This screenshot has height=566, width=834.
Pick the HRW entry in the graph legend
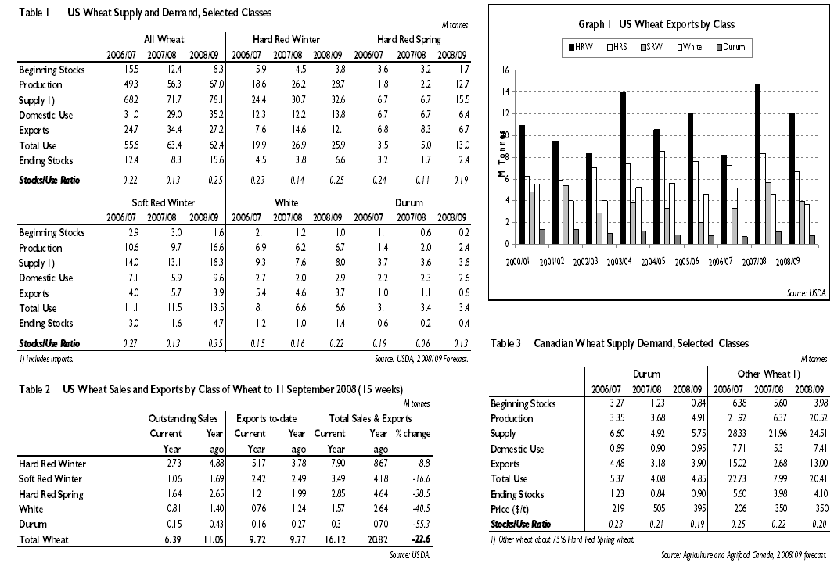(x=581, y=48)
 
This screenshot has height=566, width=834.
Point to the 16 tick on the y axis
(x=505, y=70)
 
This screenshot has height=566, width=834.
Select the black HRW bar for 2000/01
(x=522, y=184)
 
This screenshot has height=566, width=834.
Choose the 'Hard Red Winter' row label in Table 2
(x=52, y=464)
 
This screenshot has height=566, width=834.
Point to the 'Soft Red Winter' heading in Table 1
(x=164, y=202)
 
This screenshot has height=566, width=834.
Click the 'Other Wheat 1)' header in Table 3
(x=767, y=374)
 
